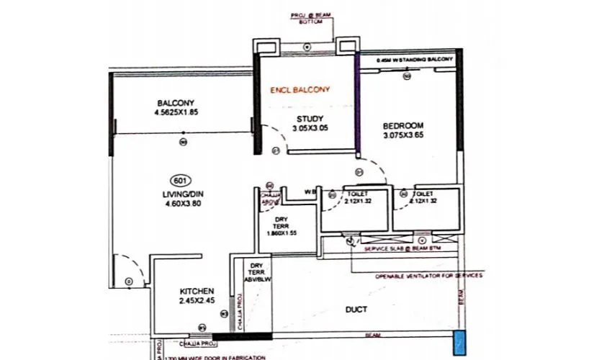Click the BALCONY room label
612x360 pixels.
pyautogui.click(x=176, y=103)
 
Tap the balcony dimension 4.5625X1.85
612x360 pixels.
pyautogui.click(x=176, y=113)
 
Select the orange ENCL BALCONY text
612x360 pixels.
pyautogui.click(x=299, y=90)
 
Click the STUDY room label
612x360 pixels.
pyautogui.click(x=310, y=119)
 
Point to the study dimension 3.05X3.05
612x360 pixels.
pyautogui.click(x=310, y=129)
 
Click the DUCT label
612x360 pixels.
pyautogui.click(x=356, y=310)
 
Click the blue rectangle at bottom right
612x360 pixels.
pyautogui.click(x=459, y=343)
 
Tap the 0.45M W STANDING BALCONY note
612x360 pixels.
pyautogui.click(x=416, y=61)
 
